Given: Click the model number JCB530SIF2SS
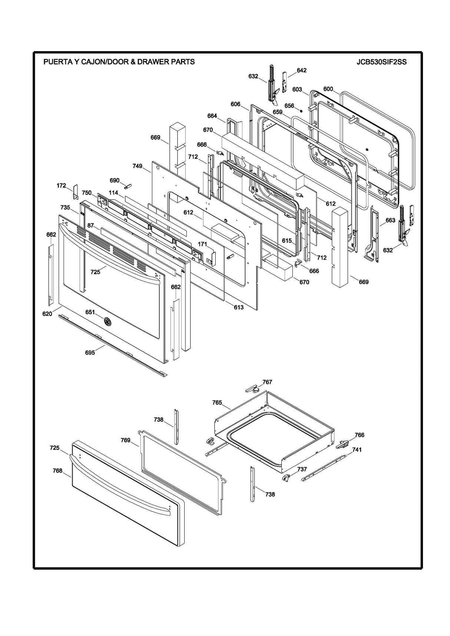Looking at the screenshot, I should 381,62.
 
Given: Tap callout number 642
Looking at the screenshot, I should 301,70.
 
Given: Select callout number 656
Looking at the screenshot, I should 289,106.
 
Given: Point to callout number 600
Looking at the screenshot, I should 328,89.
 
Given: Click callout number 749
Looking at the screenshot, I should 137,166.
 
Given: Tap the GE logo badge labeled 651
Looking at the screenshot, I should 107,321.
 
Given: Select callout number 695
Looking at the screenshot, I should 90,352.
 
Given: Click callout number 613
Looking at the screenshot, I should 238,307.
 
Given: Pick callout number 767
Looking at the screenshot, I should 267,382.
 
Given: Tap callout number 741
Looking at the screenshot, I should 357,449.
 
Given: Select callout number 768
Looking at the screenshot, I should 57,471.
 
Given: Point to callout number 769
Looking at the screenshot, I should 125,440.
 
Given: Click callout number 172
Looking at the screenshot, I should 61,185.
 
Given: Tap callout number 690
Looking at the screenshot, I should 114,180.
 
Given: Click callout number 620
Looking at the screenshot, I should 47,314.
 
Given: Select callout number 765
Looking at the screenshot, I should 217,402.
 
